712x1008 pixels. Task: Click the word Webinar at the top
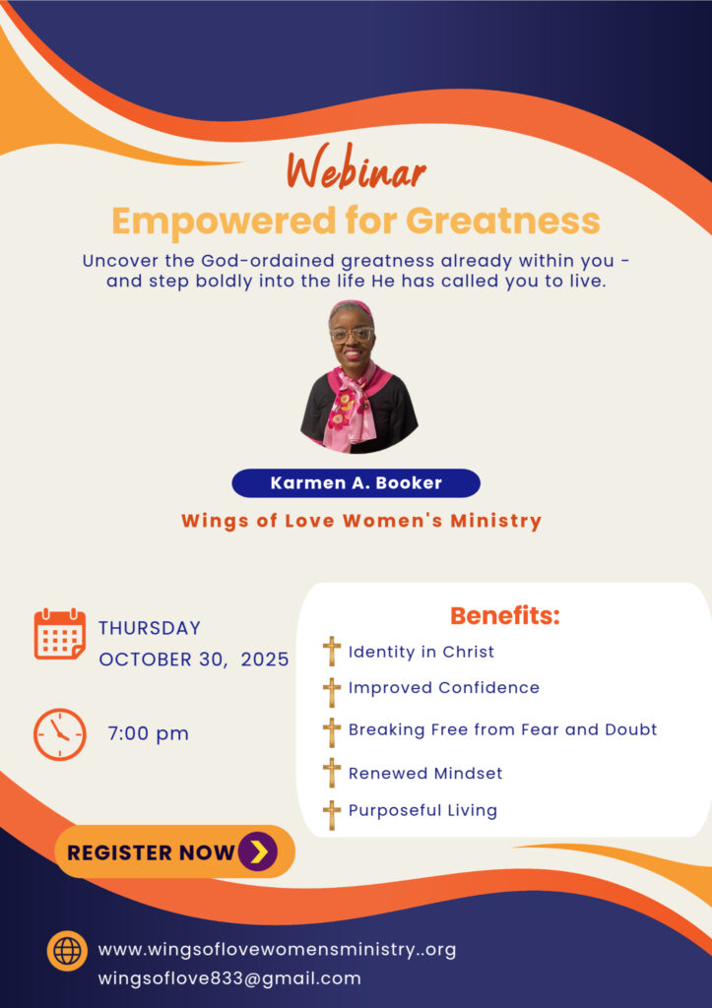pyautogui.click(x=356, y=169)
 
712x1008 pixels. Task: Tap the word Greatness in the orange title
pyautogui.click(x=503, y=221)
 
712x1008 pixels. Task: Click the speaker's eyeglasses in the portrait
pyautogui.click(x=352, y=335)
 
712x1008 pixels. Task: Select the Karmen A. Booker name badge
pyautogui.click(x=356, y=482)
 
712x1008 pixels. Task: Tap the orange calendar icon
pyautogui.click(x=60, y=634)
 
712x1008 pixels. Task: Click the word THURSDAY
pyautogui.click(x=150, y=628)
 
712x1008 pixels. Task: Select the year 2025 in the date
pyautogui.click(x=265, y=660)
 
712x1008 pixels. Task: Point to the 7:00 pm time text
pyautogui.click(x=149, y=733)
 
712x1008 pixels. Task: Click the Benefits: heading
pyautogui.click(x=505, y=616)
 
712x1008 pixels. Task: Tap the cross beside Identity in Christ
pyautogui.click(x=331, y=652)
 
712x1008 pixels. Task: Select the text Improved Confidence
pyautogui.click(x=444, y=688)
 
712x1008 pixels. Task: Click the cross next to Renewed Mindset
pyautogui.click(x=331, y=772)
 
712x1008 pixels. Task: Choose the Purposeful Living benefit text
pyautogui.click(x=422, y=811)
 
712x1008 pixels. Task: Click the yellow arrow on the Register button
pyautogui.click(x=259, y=851)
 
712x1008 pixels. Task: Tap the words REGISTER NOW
pyautogui.click(x=151, y=852)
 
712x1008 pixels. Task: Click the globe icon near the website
pyautogui.click(x=67, y=950)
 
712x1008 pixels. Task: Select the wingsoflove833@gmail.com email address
pyautogui.click(x=229, y=978)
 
